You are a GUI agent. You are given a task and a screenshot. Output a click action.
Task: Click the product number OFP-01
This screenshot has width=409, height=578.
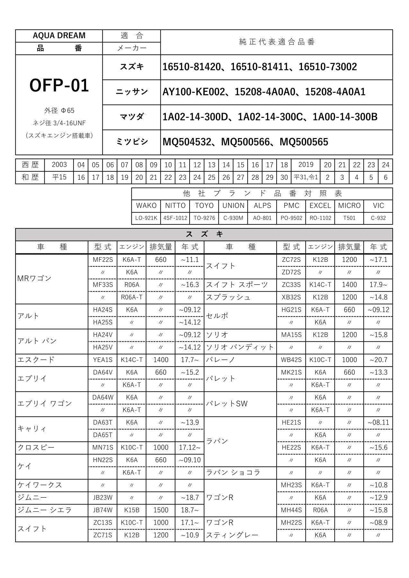(59, 86)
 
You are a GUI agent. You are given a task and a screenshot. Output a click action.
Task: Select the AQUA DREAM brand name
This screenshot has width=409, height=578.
(59, 36)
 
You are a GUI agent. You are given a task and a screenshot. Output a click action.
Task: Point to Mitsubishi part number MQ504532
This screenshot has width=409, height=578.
(187, 142)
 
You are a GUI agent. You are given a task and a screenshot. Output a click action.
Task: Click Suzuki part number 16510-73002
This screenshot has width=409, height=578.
(328, 67)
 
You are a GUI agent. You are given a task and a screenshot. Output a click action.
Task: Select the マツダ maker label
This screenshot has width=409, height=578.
(131, 117)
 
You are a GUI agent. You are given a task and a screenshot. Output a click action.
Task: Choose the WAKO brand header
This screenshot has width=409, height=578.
(146, 206)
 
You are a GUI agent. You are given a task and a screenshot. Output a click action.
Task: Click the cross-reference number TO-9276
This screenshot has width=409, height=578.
(204, 218)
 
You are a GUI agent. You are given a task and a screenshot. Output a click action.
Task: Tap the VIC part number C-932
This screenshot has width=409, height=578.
(378, 218)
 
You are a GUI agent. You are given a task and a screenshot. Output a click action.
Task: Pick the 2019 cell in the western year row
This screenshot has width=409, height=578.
(306, 165)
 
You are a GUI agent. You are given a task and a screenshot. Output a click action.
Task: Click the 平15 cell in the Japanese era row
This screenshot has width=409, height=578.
(59, 177)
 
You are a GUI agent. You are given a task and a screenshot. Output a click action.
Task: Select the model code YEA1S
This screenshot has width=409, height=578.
(103, 360)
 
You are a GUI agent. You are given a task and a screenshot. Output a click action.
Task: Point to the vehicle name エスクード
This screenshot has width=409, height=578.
(36, 360)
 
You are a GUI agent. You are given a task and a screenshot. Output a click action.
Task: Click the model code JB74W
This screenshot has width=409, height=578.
(103, 510)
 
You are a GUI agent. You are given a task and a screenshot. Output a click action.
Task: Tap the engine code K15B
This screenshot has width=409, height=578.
(132, 510)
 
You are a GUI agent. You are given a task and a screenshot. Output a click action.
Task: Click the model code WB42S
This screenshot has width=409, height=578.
(291, 360)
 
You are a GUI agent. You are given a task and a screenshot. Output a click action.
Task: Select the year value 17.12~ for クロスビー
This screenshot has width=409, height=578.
(190, 448)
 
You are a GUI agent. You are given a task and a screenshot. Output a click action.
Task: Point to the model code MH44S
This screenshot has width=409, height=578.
(291, 510)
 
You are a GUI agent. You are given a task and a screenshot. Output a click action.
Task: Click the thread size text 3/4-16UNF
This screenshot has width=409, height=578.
(70, 123)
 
